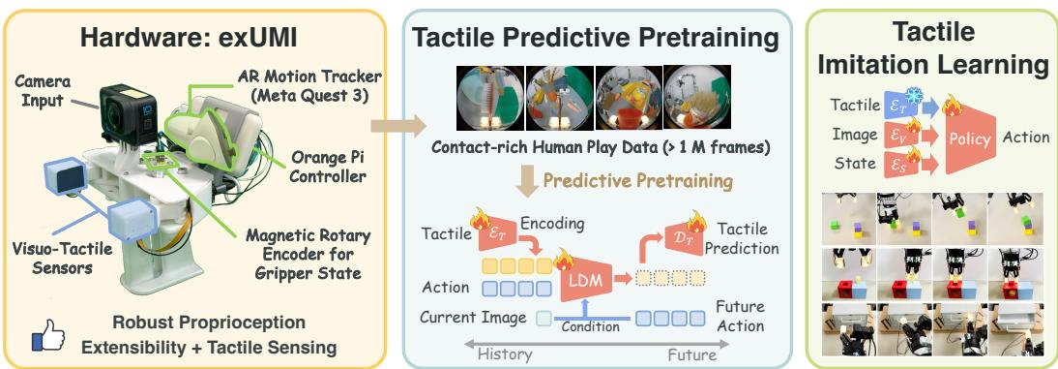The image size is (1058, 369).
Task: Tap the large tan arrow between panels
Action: [399, 125]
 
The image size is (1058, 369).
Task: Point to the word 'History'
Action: [505, 354]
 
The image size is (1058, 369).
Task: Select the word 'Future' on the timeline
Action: [693, 354]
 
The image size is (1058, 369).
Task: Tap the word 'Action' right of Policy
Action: [1026, 138]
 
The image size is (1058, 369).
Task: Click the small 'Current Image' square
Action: [544, 317]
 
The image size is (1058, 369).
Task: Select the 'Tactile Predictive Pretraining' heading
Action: [595, 39]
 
